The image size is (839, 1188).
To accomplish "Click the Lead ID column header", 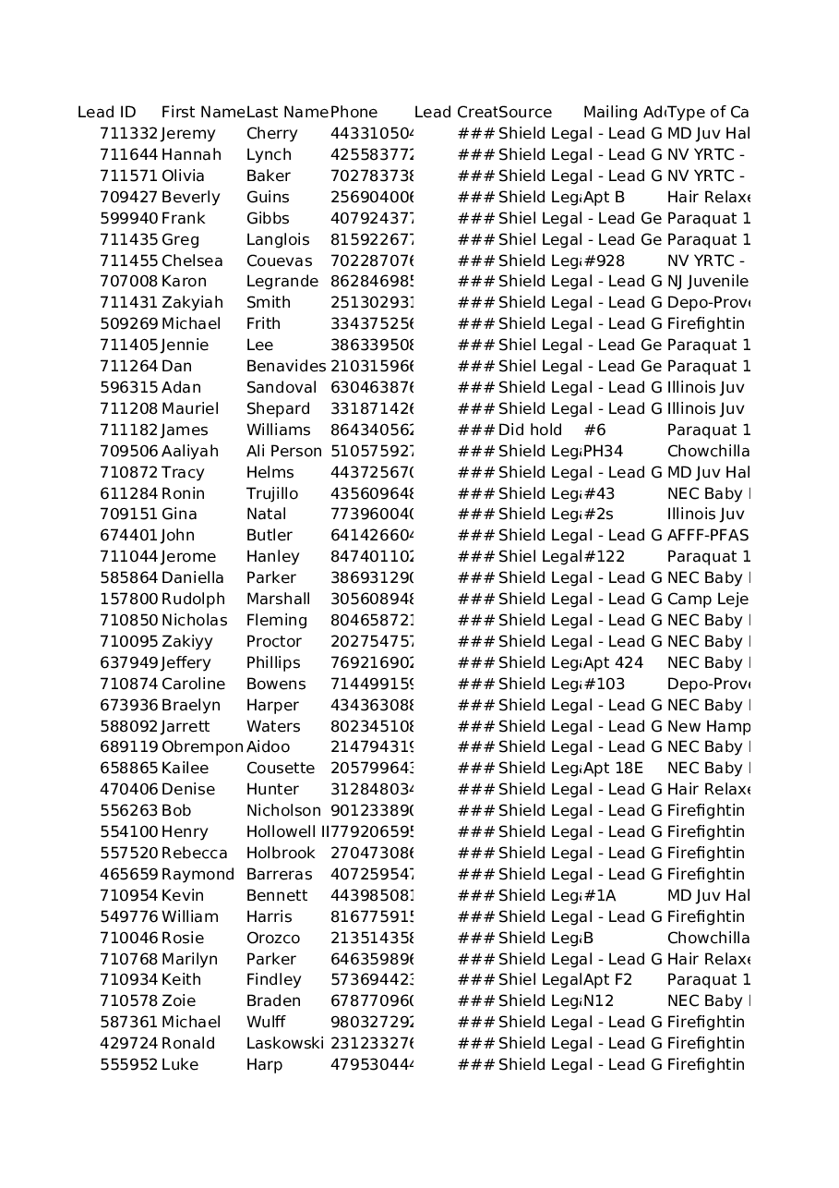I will (x=106, y=113).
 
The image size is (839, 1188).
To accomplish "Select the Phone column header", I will (x=354, y=113).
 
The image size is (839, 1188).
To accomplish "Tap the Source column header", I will (x=525, y=113).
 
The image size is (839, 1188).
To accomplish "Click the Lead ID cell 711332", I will (x=128, y=134).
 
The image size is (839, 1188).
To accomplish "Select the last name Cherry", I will (x=271, y=134).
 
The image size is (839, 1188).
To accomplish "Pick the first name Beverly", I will (x=190, y=197).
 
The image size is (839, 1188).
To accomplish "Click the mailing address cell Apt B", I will (x=604, y=197).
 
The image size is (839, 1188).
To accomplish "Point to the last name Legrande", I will (x=282, y=282).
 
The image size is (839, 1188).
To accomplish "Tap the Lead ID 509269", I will (x=128, y=324).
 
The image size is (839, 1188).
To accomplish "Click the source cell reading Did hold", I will (x=530, y=430).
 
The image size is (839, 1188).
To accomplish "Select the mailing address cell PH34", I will (x=603, y=451).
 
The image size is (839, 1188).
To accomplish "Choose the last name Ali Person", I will (x=284, y=451).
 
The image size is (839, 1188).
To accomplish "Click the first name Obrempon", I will (x=201, y=747).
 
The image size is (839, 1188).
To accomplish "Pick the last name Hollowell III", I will (x=287, y=831).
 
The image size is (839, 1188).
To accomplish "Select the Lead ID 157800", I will (x=128, y=599).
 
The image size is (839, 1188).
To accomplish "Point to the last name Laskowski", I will (x=284, y=1043).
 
